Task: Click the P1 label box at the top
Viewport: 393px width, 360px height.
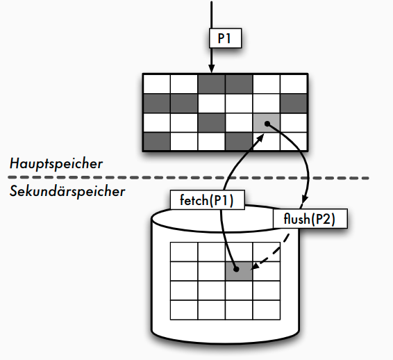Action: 226,38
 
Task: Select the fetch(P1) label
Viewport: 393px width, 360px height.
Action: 208,199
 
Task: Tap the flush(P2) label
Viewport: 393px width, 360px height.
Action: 310,218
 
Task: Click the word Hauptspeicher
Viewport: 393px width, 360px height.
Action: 56,164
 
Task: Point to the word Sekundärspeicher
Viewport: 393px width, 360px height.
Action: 67,191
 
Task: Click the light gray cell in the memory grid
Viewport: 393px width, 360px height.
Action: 267,123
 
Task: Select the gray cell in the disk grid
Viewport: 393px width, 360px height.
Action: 239,271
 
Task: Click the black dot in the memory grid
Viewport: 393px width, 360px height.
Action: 267,124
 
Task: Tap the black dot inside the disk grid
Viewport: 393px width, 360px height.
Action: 236,269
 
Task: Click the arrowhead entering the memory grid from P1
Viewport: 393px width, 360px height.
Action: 212,68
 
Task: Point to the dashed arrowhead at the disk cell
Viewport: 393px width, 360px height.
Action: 254,266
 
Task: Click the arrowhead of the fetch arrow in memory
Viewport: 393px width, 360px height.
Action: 260,138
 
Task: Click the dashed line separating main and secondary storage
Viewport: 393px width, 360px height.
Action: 188,178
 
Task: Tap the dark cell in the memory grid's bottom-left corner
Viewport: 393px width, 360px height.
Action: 157,142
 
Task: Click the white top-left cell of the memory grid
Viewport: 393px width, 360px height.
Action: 157,84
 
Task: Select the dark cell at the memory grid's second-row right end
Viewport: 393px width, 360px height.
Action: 294,104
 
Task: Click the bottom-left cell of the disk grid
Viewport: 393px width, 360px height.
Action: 184,310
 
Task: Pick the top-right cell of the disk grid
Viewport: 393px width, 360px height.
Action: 266,252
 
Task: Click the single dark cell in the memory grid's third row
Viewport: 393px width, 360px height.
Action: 212,123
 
